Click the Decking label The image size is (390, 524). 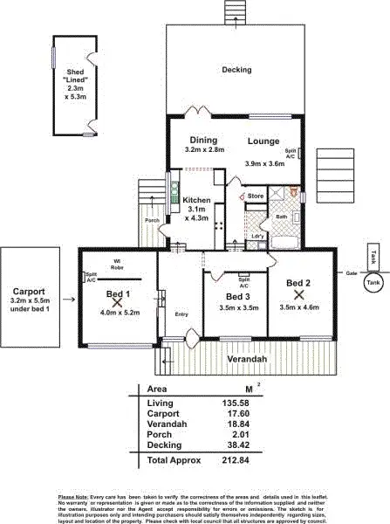[x=236, y=70]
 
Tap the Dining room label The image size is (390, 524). [x=204, y=140]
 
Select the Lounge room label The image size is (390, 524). [x=263, y=141]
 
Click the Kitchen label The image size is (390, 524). [x=196, y=200]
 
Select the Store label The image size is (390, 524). [x=256, y=196]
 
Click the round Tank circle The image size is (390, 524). [x=373, y=283]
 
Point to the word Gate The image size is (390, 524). [x=352, y=272]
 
